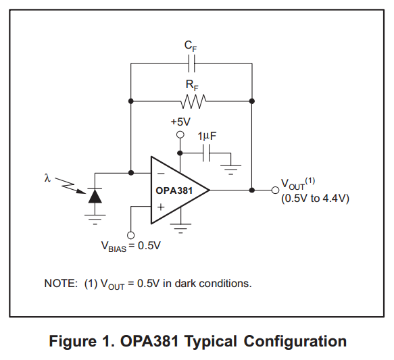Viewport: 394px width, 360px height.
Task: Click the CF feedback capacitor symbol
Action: pos(192,63)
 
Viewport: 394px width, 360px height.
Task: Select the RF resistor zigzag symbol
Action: pos(193,101)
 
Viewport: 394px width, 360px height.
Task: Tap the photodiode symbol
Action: pos(95,196)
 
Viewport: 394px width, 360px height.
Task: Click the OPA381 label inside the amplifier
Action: pos(174,190)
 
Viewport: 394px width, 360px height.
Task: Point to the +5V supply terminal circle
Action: pos(180,135)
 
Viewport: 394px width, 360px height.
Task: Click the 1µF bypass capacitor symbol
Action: pos(206,153)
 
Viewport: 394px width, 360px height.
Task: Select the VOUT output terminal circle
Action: pos(276,190)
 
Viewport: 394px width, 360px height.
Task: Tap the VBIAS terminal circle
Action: pos(130,235)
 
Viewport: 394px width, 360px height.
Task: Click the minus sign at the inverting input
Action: pos(161,174)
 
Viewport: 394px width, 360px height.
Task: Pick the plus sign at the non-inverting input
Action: pos(161,207)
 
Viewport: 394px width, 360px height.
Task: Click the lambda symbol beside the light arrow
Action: pos(47,178)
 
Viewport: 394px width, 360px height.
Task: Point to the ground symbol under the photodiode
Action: pos(95,220)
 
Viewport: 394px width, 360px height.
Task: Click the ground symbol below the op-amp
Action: pos(180,228)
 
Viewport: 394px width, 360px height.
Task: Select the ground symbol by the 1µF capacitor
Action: pos(230,170)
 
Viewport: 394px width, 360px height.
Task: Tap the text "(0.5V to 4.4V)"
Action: pos(315,199)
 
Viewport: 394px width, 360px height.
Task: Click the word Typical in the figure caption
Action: pos(211,341)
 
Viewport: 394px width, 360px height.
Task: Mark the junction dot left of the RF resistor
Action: pos(130,101)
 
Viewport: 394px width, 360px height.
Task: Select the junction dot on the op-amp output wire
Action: pos(252,190)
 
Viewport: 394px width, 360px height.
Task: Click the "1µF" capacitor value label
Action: pos(207,136)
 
